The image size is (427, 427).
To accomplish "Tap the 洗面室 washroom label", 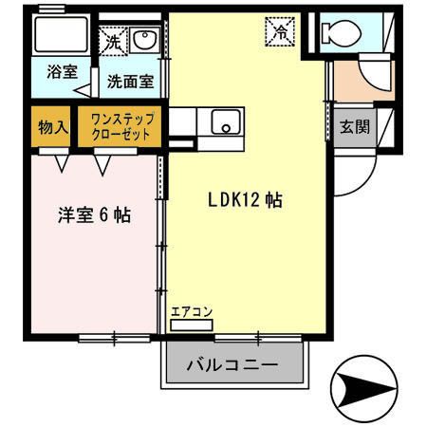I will (x=128, y=82).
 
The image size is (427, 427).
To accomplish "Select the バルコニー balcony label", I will (x=232, y=364).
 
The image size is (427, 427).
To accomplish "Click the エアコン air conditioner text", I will (x=191, y=311).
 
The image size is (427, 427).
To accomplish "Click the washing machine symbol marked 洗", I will (x=113, y=43).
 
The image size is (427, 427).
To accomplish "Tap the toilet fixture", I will (x=337, y=33).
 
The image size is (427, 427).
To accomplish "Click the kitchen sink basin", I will (x=225, y=121).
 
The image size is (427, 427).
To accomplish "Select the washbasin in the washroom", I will (x=144, y=40).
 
